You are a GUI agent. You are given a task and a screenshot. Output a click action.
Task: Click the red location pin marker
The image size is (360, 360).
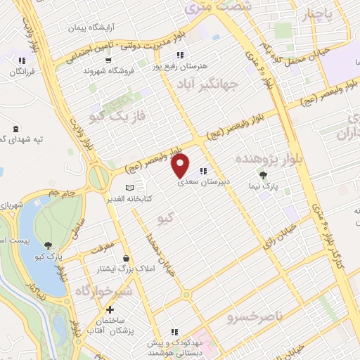181,165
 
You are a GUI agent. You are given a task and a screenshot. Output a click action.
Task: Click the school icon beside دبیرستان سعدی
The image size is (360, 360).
203,171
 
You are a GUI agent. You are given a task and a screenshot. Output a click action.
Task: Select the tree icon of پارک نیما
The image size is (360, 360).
264,176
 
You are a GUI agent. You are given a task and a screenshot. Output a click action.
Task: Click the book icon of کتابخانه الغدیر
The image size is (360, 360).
128,188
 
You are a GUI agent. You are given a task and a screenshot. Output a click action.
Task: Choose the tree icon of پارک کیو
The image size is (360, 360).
47,245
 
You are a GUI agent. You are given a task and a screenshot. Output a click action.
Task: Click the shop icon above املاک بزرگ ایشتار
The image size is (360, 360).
125,258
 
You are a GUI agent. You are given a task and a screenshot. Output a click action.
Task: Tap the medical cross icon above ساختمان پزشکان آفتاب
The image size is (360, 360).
110,309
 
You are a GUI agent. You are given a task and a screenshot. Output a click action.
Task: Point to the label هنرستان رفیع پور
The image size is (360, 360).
179,65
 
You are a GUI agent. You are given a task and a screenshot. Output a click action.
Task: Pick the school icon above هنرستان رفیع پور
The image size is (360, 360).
179,55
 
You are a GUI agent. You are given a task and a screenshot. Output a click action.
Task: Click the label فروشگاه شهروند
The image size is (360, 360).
108,71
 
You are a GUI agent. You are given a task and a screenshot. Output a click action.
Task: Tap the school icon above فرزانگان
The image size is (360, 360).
23,60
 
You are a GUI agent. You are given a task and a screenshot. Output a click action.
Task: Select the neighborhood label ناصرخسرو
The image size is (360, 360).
254,317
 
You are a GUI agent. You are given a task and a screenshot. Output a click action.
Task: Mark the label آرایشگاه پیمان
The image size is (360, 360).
92,28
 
